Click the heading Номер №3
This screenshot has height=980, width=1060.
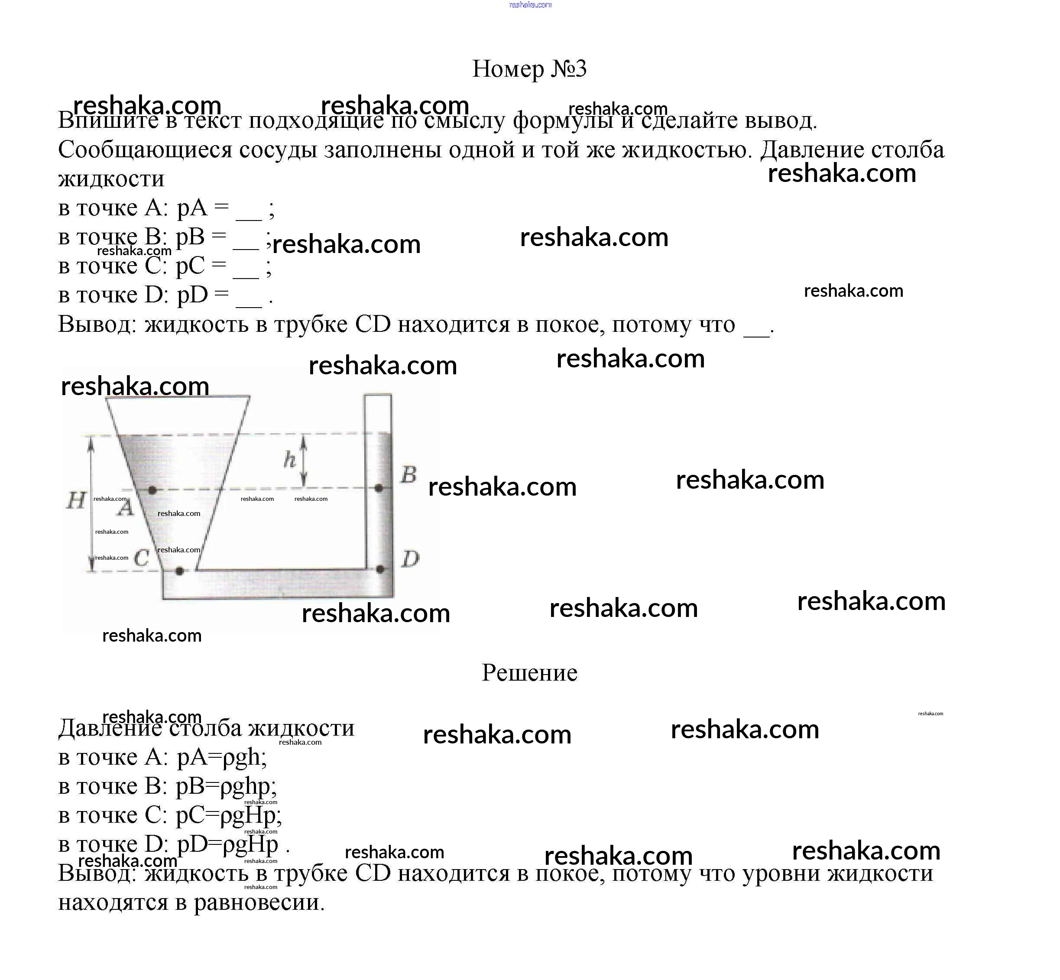click(x=529, y=69)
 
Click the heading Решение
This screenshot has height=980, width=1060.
click(x=529, y=672)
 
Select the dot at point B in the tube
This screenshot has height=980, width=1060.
click(x=379, y=488)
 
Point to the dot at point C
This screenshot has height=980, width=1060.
click(x=179, y=571)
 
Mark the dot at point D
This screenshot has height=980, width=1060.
click(x=379, y=569)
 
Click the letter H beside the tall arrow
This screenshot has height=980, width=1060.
click(x=76, y=500)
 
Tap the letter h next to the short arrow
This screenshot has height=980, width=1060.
click(x=289, y=459)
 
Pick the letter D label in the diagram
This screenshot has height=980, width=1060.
click(x=410, y=558)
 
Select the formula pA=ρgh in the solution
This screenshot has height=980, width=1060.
click(x=220, y=757)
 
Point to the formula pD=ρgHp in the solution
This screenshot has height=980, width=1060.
click(x=227, y=844)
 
